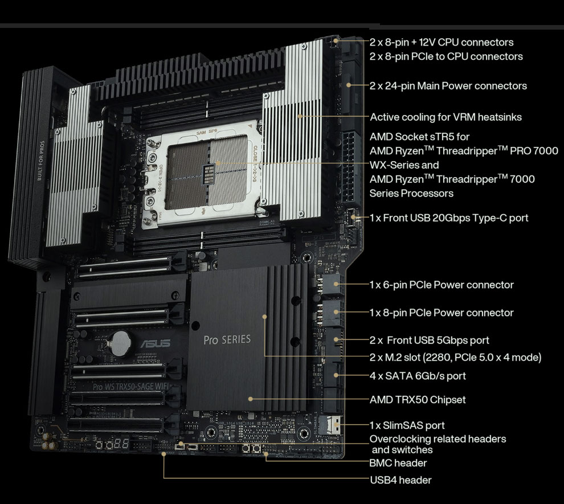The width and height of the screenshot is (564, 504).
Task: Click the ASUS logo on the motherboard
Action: [x=155, y=343]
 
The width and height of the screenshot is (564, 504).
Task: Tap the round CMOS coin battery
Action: [x=120, y=342]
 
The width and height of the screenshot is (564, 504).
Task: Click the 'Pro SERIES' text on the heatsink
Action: [x=227, y=340]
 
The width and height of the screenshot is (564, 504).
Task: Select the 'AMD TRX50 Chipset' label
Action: [x=417, y=399]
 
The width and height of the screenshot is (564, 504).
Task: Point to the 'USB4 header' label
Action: [x=400, y=480]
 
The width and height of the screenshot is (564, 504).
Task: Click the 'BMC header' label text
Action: [x=398, y=463]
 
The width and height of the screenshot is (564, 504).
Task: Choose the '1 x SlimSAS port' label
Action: [x=407, y=425]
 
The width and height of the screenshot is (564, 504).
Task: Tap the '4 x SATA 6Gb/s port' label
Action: [x=418, y=376]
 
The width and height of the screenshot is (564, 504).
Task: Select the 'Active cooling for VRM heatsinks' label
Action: [x=446, y=117]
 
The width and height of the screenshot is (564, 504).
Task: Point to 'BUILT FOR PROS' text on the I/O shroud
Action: [x=41, y=161]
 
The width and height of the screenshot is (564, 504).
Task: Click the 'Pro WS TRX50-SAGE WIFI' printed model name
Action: [x=130, y=387]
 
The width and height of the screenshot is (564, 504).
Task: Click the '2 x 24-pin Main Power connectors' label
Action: [x=448, y=86]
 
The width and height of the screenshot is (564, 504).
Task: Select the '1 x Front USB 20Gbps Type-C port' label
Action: [x=449, y=218]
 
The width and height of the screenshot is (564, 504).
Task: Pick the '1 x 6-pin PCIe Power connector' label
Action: [x=442, y=285]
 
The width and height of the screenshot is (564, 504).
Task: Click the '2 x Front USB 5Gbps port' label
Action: [x=430, y=340]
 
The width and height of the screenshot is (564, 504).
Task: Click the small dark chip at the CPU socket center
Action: [x=209, y=174]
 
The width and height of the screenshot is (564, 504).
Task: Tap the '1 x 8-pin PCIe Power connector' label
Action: [x=442, y=313]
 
